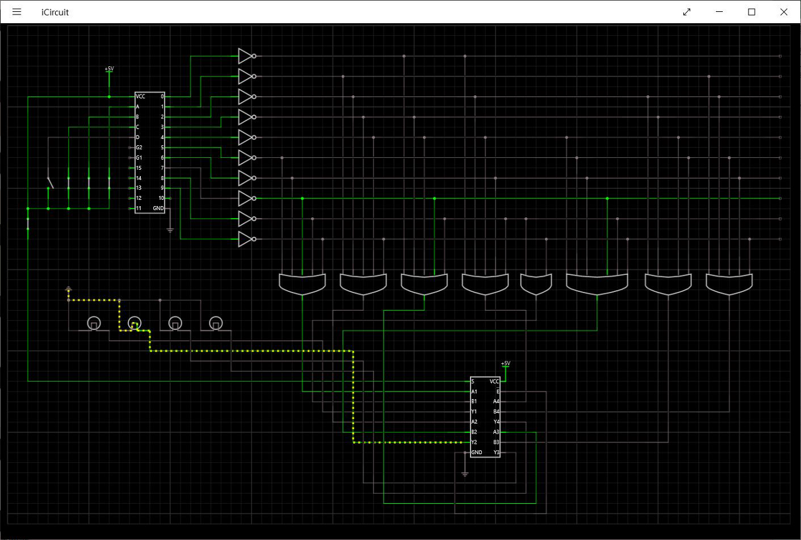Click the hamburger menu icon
17,12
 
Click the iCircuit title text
55,12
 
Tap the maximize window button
752,12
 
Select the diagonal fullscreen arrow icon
686,12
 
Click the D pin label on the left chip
138,137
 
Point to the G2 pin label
139,147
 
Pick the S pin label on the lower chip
473,381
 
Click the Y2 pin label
474,442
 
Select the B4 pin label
496,412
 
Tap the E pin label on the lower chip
497,391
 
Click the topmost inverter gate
245,56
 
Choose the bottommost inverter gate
245,239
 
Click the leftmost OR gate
302,284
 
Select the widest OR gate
597,284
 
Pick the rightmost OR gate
729,284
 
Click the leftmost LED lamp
93,323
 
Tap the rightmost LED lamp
215,323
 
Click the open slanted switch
50,182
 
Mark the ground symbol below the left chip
170,230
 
